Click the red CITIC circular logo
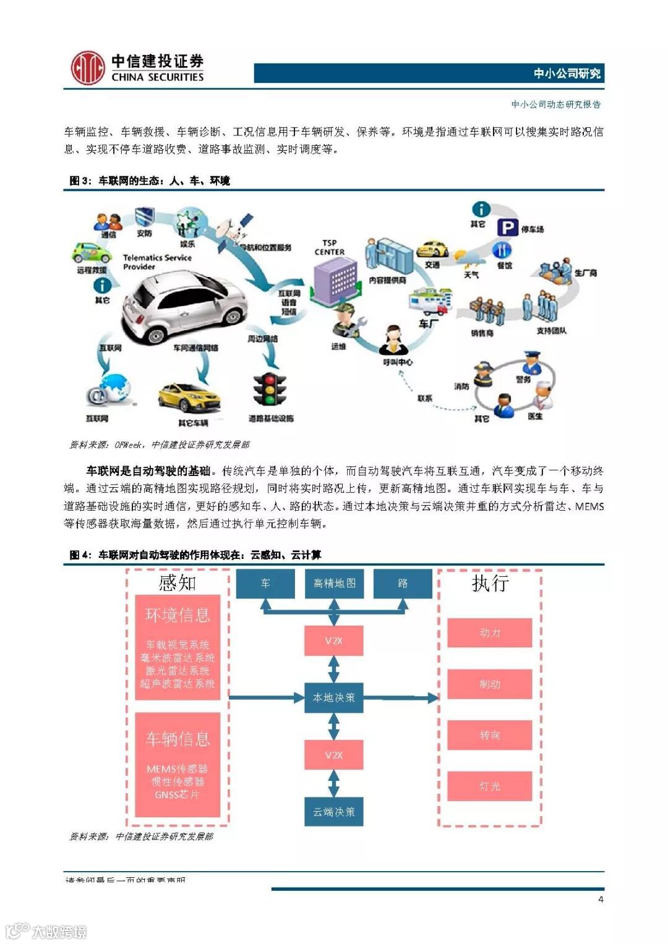tap(87, 68)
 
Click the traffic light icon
tap(270, 390)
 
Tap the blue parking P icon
tap(507, 228)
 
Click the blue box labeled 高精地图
tap(334, 584)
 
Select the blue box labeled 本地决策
tap(334, 697)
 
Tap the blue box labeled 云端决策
tap(334, 812)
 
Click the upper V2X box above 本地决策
tap(334, 640)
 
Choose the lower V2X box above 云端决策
tap(334, 755)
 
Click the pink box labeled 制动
tap(489, 684)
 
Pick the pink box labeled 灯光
tap(489, 786)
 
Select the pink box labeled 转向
tap(489, 735)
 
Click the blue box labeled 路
tap(403, 584)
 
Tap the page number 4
tap(601, 899)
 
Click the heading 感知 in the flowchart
tap(178, 583)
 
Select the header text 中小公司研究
tap(567, 74)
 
